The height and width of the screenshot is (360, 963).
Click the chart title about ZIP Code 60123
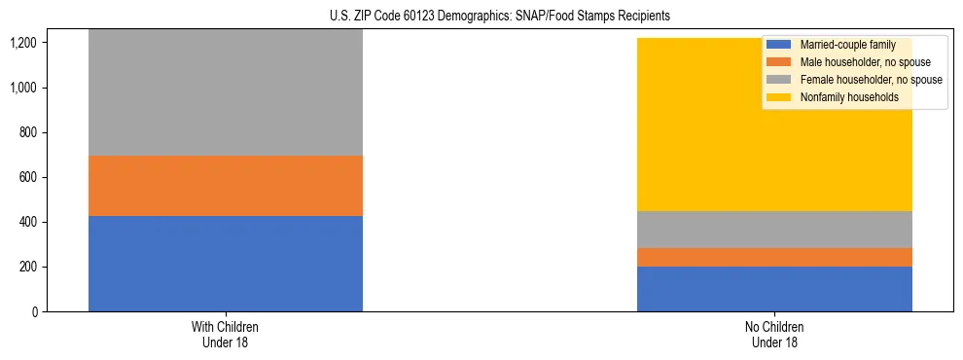point(482,17)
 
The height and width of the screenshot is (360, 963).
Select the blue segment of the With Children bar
point(226,264)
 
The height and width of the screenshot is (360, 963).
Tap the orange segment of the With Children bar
point(226,186)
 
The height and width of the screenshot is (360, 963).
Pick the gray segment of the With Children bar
point(226,92)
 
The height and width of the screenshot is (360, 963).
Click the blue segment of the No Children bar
point(774,289)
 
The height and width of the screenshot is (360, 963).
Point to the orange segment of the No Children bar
point(774,257)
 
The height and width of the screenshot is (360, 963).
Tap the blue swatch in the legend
point(779,45)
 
